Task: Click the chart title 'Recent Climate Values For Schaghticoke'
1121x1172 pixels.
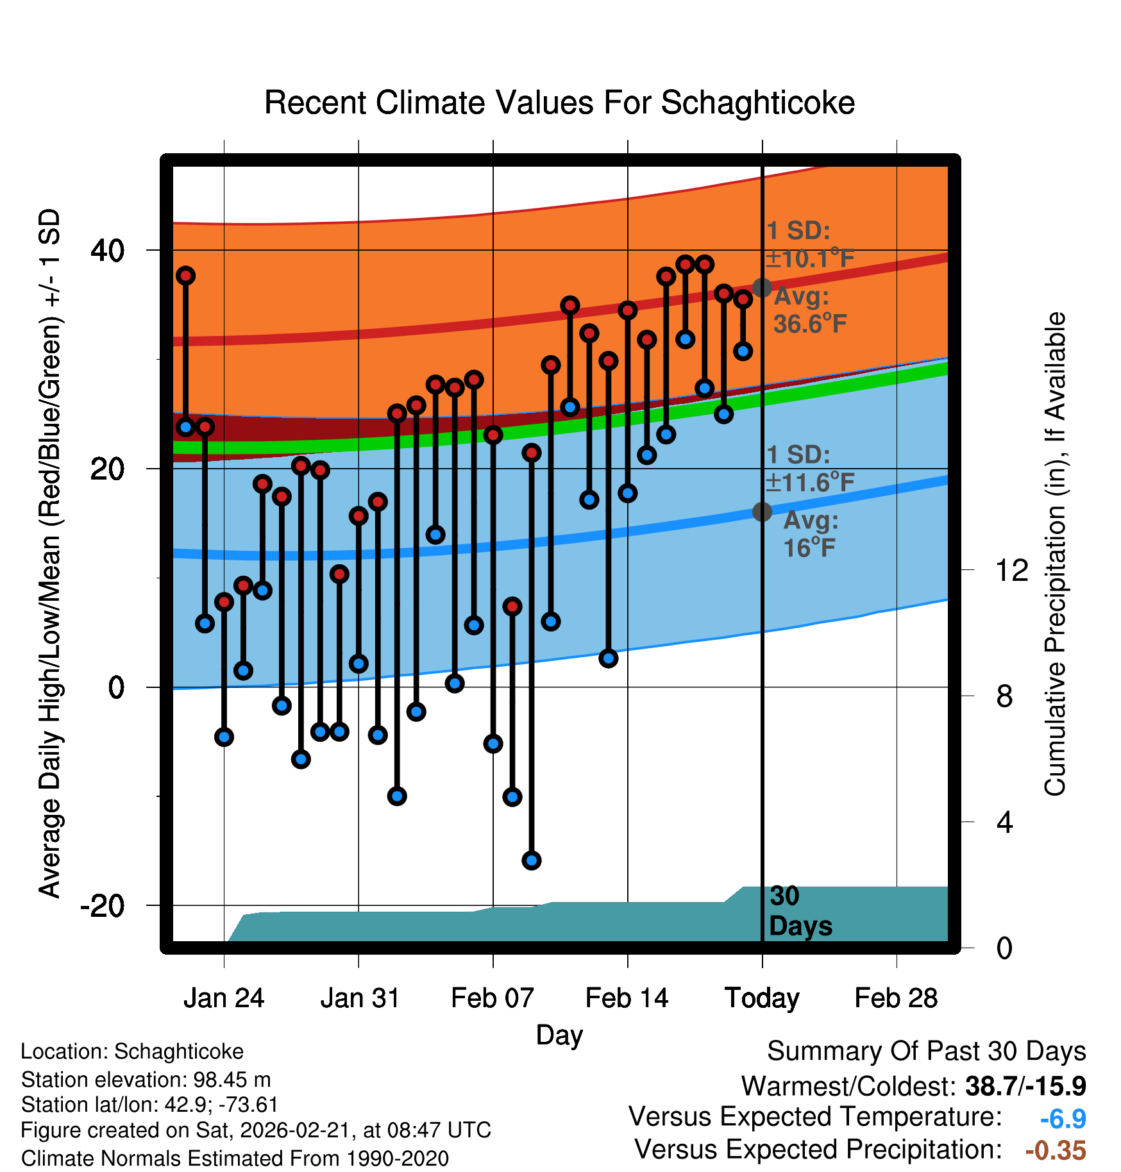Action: point(559,103)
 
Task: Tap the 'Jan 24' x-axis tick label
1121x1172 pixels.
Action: point(224,998)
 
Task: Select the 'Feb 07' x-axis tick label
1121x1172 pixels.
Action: point(493,998)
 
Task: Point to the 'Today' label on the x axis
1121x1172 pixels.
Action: point(762,998)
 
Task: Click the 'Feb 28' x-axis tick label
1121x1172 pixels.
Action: point(896,998)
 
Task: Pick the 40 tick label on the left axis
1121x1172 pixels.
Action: point(107,250)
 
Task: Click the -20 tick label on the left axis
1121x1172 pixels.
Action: point(102,906)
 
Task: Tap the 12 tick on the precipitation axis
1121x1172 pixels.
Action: point(1011,570)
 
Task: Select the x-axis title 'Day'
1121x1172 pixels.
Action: point(559,1035)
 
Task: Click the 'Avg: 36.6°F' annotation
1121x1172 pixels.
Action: point(809,310)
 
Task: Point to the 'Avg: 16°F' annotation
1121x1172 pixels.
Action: point(811,534)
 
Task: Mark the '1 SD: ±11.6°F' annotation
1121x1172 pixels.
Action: point(811,469)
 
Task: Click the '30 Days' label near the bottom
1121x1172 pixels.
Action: point(800,911)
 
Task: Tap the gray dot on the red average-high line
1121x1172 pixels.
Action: point(762,288)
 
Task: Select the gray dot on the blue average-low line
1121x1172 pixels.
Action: point(762,512)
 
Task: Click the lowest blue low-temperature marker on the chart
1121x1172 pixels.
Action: point(531,860)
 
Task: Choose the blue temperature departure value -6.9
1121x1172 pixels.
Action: point(1063,1119)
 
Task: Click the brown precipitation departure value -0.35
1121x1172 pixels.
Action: point(1056,1150)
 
